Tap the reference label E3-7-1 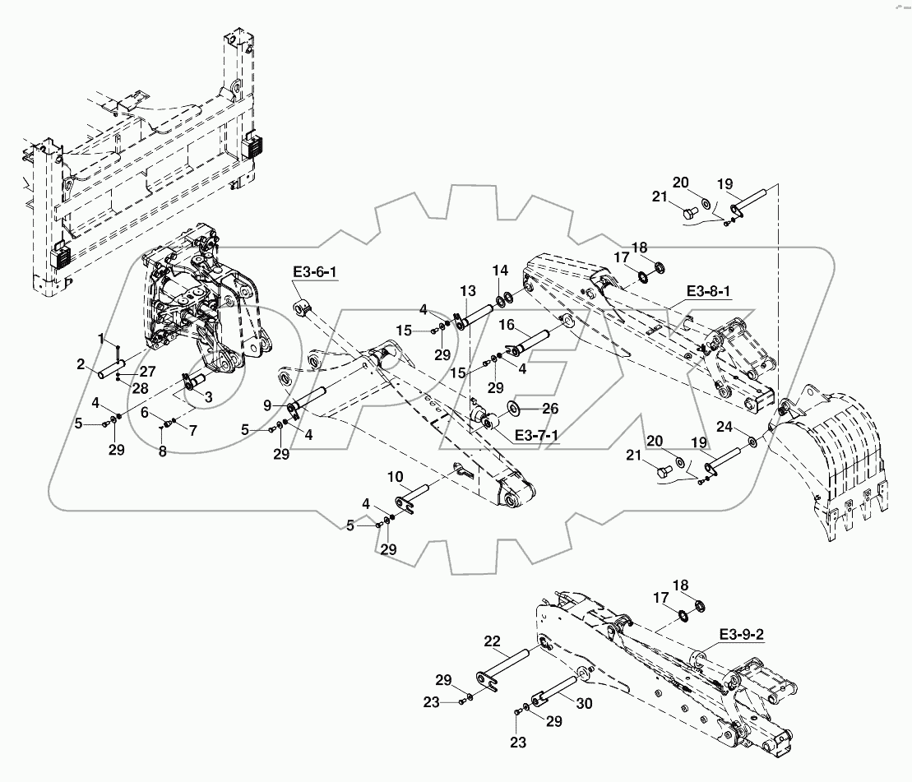(x=534, y=434)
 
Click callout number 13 (x=467, y=291)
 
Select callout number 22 (x=492, y=641)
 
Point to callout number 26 (x=550, y=408)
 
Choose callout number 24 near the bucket (x=723, y=427)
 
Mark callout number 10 (x=396, y=477)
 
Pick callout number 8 (x=162, y=451)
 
